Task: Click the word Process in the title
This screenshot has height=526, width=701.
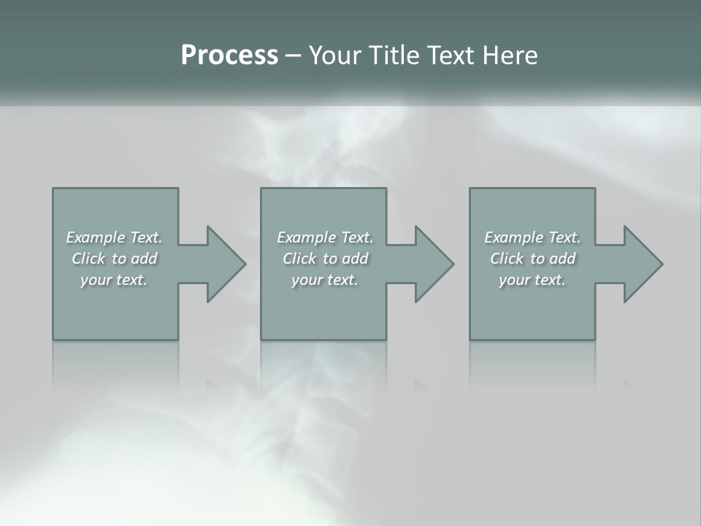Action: pos(229,56)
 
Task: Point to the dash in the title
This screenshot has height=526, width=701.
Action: pos(293,56)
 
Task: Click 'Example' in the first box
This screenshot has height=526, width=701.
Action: pos(96,237)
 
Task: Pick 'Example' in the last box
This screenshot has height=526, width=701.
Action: pos(514,237)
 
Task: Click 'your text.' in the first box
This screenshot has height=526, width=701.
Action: pos(114,280)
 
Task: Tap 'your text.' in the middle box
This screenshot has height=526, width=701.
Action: pos(324,280)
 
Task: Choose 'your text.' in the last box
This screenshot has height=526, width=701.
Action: pos(532,280)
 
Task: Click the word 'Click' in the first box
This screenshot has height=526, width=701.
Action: pos(88,259)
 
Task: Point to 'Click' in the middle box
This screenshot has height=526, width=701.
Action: pos(299,259)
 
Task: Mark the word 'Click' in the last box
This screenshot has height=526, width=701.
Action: pos(507,259)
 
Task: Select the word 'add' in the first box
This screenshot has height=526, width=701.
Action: pos(144,259)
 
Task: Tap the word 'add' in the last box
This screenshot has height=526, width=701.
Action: pos(562,259)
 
